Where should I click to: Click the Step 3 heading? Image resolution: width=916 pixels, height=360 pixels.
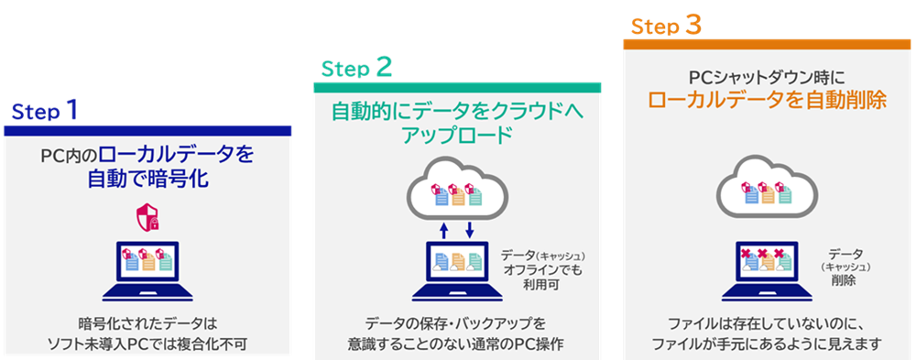(x=666, y=26)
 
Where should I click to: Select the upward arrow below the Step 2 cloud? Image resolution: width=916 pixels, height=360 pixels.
(x=442, y=230)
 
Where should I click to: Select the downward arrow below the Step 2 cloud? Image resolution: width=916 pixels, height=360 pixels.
(x=469, y=230)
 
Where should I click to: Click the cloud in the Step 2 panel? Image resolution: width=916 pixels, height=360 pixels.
(x=457, y=189)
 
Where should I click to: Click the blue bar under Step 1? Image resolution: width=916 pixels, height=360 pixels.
(x=147, y=131)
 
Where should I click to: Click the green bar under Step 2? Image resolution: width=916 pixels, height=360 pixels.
(x=457, y=88)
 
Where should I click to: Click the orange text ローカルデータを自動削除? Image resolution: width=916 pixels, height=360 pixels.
(x=767, y=100)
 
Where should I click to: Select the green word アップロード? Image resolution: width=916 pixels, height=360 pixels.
(x=457, y=136)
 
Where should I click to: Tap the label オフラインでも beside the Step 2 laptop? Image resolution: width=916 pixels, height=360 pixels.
(x=542, y=270)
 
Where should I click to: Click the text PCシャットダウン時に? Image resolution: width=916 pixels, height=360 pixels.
(x=767, y=77)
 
